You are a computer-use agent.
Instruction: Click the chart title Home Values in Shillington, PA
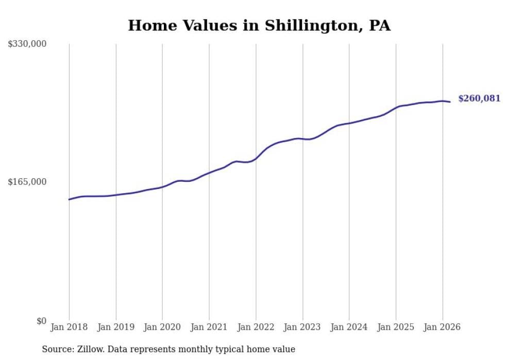[259, 26]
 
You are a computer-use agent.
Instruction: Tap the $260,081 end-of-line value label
[479, 98]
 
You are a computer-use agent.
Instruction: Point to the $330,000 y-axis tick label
[27, 44]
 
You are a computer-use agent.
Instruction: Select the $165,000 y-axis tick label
[27, 182]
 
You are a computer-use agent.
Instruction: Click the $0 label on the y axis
[41, 321]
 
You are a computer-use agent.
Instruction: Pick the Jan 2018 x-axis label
[69, 327]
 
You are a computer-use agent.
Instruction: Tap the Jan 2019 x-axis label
[116, 327]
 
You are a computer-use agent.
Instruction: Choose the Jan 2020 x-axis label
[162, 327]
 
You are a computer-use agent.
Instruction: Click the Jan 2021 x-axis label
[209, 327]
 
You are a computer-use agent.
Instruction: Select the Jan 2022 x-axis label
[256, 327]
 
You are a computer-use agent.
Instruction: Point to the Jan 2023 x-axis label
[302, 327]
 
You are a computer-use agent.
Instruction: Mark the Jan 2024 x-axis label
[349, 327]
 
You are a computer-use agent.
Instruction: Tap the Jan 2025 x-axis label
[396, 327]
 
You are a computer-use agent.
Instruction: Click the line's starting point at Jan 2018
[69, 199]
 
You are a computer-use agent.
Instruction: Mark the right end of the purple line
[450, 102]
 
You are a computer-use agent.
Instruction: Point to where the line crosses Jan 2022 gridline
[256, 158]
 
